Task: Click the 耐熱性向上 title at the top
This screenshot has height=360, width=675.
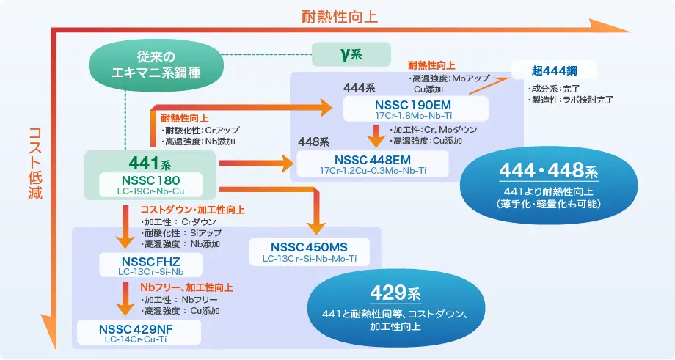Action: [340, 15]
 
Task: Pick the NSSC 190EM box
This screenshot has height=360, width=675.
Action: [416, 109]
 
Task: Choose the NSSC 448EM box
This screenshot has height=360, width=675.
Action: [373, 164]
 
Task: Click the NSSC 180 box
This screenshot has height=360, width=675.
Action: [150, 185]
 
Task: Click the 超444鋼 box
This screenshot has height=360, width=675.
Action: [554, 71]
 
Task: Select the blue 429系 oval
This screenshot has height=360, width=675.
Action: [394, 302]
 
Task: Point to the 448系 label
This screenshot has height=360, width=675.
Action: [313, 141]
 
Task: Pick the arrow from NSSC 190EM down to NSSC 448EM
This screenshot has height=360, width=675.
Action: [375, 134]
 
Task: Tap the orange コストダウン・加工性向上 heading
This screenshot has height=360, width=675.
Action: [192, 210]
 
